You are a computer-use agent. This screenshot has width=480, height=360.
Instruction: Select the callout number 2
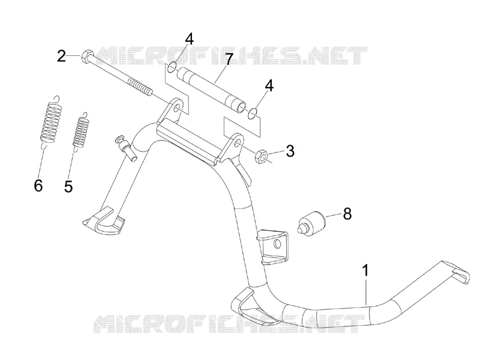[x=62, y=56]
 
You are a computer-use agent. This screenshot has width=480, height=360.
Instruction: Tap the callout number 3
[x=289, y=151]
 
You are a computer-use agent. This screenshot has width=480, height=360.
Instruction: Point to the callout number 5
[x=68, y=186]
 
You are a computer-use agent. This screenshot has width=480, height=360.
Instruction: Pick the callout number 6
[x=38, y=186]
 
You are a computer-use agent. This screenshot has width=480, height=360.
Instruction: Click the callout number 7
[x=229, y=59]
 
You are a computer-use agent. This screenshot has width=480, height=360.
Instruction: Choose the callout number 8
[x=347, y=214]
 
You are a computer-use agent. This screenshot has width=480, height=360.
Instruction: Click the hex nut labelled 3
[x=261, y=156]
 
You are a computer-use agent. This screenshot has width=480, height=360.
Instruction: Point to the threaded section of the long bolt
[x=140, y=86]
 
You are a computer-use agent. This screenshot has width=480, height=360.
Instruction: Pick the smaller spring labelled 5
[x=81, y=131]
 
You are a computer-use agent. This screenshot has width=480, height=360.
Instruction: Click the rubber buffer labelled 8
[x=310, y=223]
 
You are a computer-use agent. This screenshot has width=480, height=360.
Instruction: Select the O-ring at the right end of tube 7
[x=252, y=113]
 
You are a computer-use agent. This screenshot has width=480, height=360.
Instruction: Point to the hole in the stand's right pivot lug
[x=238, y=143]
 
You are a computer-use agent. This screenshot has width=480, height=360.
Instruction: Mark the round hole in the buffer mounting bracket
[x=277, y=244]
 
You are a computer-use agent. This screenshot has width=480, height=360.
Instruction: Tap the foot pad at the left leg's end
[x=104, y=220]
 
